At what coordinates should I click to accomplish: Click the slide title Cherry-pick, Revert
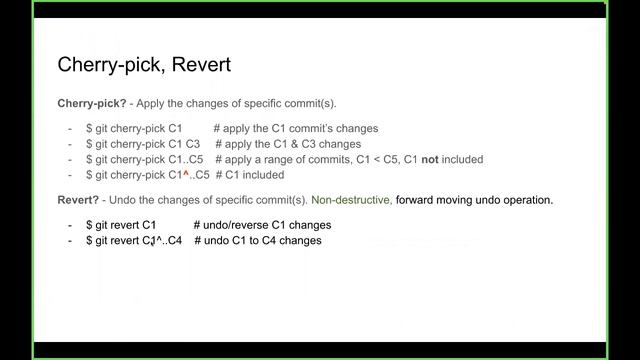144,66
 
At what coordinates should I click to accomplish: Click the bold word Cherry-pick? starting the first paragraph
89,104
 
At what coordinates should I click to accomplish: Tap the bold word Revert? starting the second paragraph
79,200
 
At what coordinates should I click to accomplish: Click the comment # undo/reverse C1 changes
262,225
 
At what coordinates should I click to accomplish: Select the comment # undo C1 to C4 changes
258,240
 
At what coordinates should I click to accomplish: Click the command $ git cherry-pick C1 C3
143,144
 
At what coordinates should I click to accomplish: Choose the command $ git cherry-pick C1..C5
145,159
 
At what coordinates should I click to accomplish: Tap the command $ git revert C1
121,225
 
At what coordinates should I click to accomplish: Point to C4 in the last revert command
174,240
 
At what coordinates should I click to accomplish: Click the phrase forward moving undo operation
474,200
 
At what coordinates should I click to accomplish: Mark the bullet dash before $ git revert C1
70,225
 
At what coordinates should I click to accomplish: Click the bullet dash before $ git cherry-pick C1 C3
70,144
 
